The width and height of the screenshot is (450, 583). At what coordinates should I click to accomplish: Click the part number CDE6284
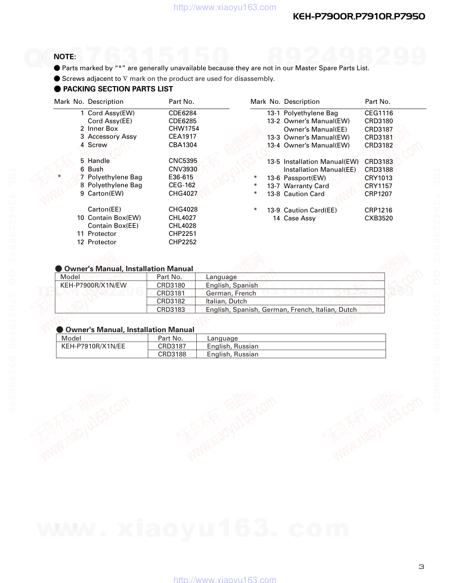coord(182,113)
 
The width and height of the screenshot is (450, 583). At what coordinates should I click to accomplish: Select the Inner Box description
coord(103,129)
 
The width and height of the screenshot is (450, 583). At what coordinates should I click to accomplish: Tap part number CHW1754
coord(184,129)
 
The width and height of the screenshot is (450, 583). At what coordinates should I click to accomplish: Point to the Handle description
coord(98,161)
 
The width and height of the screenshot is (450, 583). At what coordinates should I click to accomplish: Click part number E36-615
coord(181,177)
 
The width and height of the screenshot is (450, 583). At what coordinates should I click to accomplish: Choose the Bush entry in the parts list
coord(95,169)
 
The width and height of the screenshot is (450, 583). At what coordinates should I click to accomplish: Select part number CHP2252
coord(182,242)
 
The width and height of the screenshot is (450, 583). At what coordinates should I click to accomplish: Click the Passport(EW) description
coord(304,178)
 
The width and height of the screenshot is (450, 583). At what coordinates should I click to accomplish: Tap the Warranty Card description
coord(306,186)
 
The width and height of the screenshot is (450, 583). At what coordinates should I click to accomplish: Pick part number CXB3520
coord(379,218)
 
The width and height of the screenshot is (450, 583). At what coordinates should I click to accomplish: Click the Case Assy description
coord(300,218)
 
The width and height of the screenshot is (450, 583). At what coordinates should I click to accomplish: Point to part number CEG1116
coord(379,113)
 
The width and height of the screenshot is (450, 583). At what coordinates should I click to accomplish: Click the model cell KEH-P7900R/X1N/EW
coord(94,285)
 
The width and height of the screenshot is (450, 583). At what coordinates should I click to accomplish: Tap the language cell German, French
coord(231,293)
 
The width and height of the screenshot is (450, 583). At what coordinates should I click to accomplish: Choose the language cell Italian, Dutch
coord(226,301)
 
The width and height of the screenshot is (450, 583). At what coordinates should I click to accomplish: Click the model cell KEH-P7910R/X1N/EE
coord(93,346)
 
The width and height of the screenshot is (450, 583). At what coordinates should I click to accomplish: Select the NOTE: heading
coord(65,57)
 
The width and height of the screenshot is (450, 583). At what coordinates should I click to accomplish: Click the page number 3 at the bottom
coord(421,567)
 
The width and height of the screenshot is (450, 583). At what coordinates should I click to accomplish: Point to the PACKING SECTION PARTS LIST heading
coord(118,89)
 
